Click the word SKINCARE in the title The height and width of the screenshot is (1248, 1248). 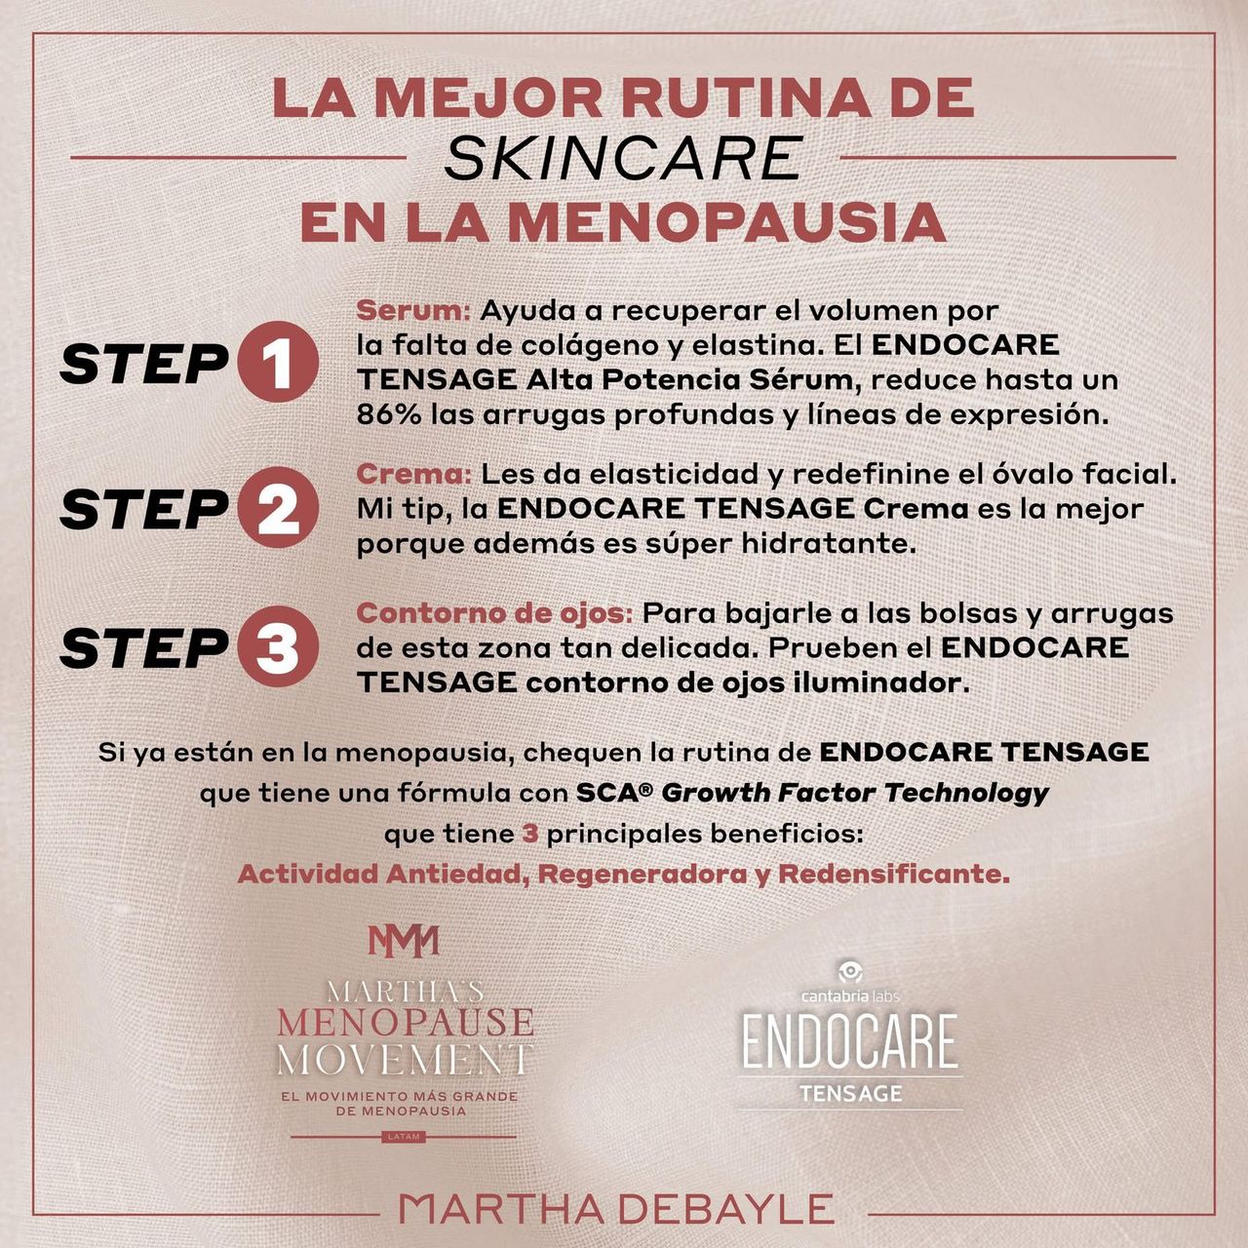click(x=622, y=158)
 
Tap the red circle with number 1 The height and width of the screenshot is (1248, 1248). click(x=279, y=362)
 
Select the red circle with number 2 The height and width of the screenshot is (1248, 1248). click(x=279, y=507)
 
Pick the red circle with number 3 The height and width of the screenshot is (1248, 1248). click(x=279, y=646)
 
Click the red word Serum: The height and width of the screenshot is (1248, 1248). click(x=413, y=311)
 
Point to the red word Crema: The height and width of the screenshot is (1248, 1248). click(x=414, y=475)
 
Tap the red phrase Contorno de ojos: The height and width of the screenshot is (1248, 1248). click(x=494, y=613)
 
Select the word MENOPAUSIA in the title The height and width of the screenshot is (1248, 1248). click(x=726, y=222)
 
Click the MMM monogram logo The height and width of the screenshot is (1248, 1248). click(x=404, y=941)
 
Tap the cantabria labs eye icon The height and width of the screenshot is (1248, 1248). click(x=849, y=972)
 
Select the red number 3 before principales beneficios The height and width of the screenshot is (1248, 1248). click(x=530, y=835)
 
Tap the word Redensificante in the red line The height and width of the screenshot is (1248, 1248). click(x=894, y=875)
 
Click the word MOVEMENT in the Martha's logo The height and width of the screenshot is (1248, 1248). click(x=406, y=1060)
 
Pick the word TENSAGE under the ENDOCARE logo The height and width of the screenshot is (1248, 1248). click(x=850, y=1094)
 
